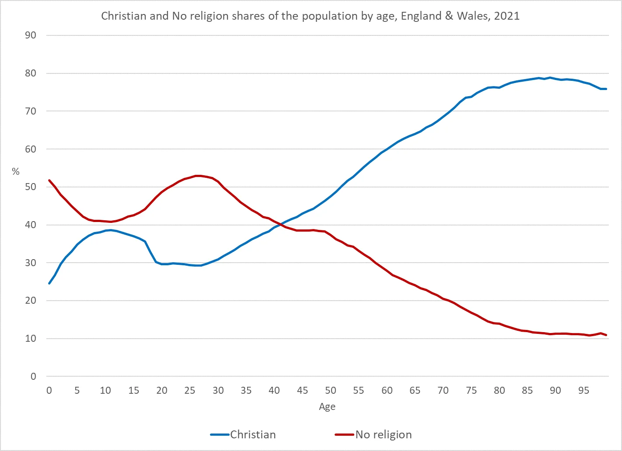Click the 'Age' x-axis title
pyautogui.click(x=327, y=406)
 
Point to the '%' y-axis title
pyautogui.click(x=16, y=172)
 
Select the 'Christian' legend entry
pyautogui.click(x=253, y=434)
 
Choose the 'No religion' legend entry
pyautogui.click(x=383, y=434)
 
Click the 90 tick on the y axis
pyautogui.click(x=31, y=35)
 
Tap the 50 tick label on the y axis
pyautogui.click(x=31, y=187)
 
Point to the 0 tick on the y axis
pyautogui.click(x=33, y=376)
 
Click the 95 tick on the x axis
pyautogui.click(x=584, y=390)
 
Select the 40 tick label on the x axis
pyautogui.click(x=274, y=390)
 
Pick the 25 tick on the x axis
pyautogui.click(x=190, y=390)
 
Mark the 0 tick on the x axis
pyautogui.click(x=49, y=390)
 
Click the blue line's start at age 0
pyautogui.click(x=49, y=284)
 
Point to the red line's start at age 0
pyautogui.click(x=49, y=180)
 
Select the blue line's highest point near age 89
pyautogui.click(x=550, y=77)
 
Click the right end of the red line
pyautogui.click(x=606, y=335)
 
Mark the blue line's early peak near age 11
pyautogui.click(x=111, y=230)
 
